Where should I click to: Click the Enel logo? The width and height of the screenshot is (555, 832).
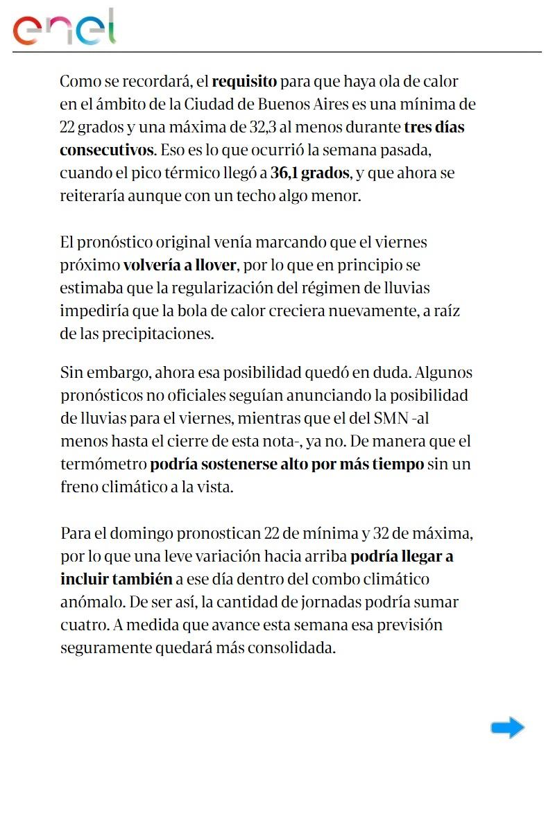tap(64, 28)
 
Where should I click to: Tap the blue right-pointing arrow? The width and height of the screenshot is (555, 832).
tap(507, 727)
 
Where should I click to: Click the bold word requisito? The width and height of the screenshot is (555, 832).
tap(244, 82)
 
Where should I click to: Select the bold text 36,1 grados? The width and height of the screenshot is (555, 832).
tap(309, 173)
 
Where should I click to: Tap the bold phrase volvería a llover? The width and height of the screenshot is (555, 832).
tap(180, 265)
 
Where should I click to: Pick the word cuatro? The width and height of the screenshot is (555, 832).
tap(81, 625)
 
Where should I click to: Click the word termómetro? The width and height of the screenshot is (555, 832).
tap(103, 464)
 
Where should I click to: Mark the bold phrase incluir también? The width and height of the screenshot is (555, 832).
tap(116, 579)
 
